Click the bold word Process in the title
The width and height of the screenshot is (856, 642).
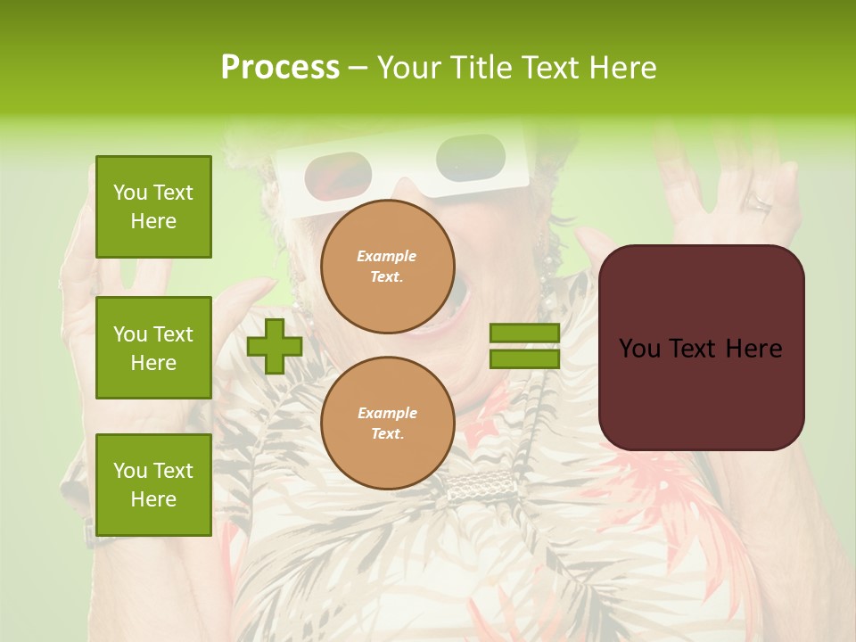tap(280, 68)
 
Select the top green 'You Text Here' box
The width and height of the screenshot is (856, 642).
tap(153, 207)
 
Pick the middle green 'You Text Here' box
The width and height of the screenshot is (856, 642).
tap(153, 348)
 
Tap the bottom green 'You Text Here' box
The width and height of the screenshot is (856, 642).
tap(153, 484)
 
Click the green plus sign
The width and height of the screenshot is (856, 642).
tap(275, 346)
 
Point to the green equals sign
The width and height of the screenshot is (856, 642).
tap(524, 346)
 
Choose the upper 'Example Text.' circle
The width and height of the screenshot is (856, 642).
tap(387, 267)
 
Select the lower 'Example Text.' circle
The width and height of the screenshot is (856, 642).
tap(387, 424)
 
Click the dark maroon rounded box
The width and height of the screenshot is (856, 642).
tap(701, 348)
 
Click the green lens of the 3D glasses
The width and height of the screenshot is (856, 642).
tap(470, 155)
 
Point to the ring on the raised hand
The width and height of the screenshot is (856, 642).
tap(758, 202)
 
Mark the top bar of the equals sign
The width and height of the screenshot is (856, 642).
tap(524, 333)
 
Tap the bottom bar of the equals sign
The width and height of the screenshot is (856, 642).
tap(524, 358)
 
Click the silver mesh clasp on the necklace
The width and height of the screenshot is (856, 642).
tap(482, 486)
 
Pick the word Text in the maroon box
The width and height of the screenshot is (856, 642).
tap(701, 349)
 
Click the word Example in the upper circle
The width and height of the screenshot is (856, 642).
tap(387, 256)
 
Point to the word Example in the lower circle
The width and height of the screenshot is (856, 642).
tap(387, 413)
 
